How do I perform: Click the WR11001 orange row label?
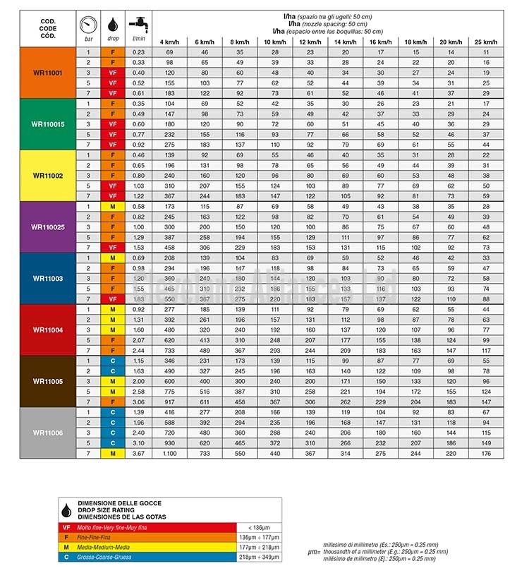pos(47,73)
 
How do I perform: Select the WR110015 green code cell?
pos(47,124)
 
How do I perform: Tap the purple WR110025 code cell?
pos(47,227)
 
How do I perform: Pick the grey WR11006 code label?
pos(47,432)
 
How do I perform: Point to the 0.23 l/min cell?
pos(139,52)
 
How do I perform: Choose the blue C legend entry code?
pos(66,556)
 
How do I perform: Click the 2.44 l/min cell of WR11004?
pos(139,350)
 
